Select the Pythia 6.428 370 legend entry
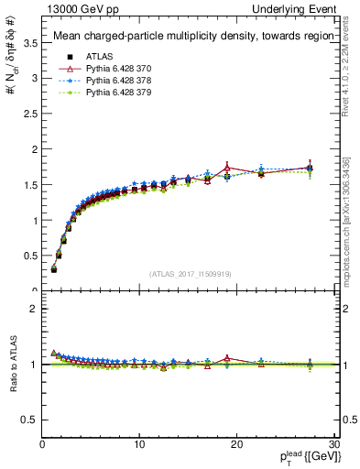(x=109, y=69)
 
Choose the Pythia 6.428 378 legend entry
(x=109, y=81)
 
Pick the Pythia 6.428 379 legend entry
(x=109, y=93)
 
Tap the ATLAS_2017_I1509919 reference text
(x=191, y=274)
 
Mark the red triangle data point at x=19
(x=227, y=169)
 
